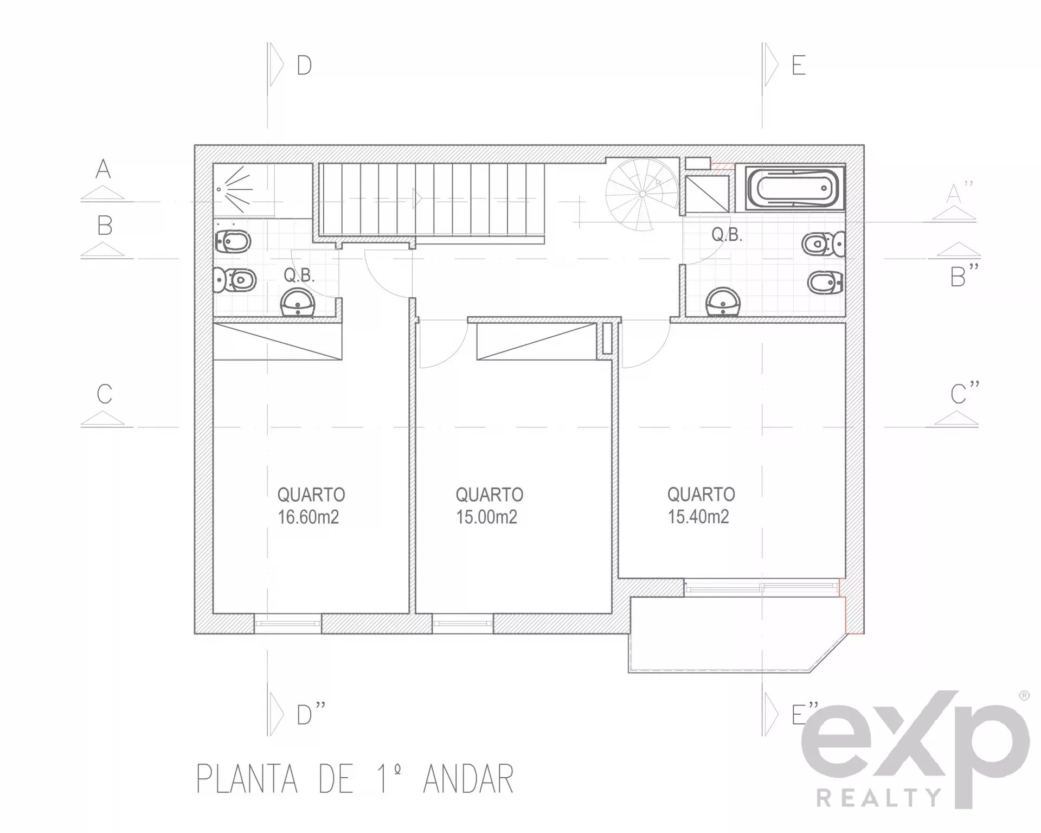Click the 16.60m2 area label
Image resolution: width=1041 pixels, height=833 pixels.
pyautogui.click(x=308, y=517)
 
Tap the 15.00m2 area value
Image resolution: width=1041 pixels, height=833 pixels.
pyautogui.click(x=486, y=517)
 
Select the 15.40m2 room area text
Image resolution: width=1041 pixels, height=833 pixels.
pyautogui.click(x=698, y=516)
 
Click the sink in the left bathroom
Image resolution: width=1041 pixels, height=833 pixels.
pyautogui.click(x=298, y=303)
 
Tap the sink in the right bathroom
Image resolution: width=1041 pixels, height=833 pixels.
pyautogui.click(x=723, y=302)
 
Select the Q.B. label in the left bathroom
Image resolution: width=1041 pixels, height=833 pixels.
pyautogui.click(x=299, y=275)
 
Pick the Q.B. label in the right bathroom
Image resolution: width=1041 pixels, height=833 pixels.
pyautogui.click(x=727, y=235)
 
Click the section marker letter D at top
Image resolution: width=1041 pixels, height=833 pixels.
pyautogui.click(x=304, y=65)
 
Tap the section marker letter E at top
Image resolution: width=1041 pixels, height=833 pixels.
pyautogui.click(x=798, y=65)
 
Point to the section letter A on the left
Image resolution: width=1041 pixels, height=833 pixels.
pyautogui.click(x=103, y=169)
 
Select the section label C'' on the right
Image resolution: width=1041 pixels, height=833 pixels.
pyautogui.click(x=965, y=393)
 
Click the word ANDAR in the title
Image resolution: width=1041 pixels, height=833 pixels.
pyautogui.click(x=468, y=779)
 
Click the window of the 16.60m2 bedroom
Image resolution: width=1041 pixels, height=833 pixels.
pyautogui.click(x=288, y=624)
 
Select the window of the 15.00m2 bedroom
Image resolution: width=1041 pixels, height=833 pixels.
pyautogui.click(x=462, y=624)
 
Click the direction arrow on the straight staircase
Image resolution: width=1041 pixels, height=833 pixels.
pyautogui.click(x=418, y=198)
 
